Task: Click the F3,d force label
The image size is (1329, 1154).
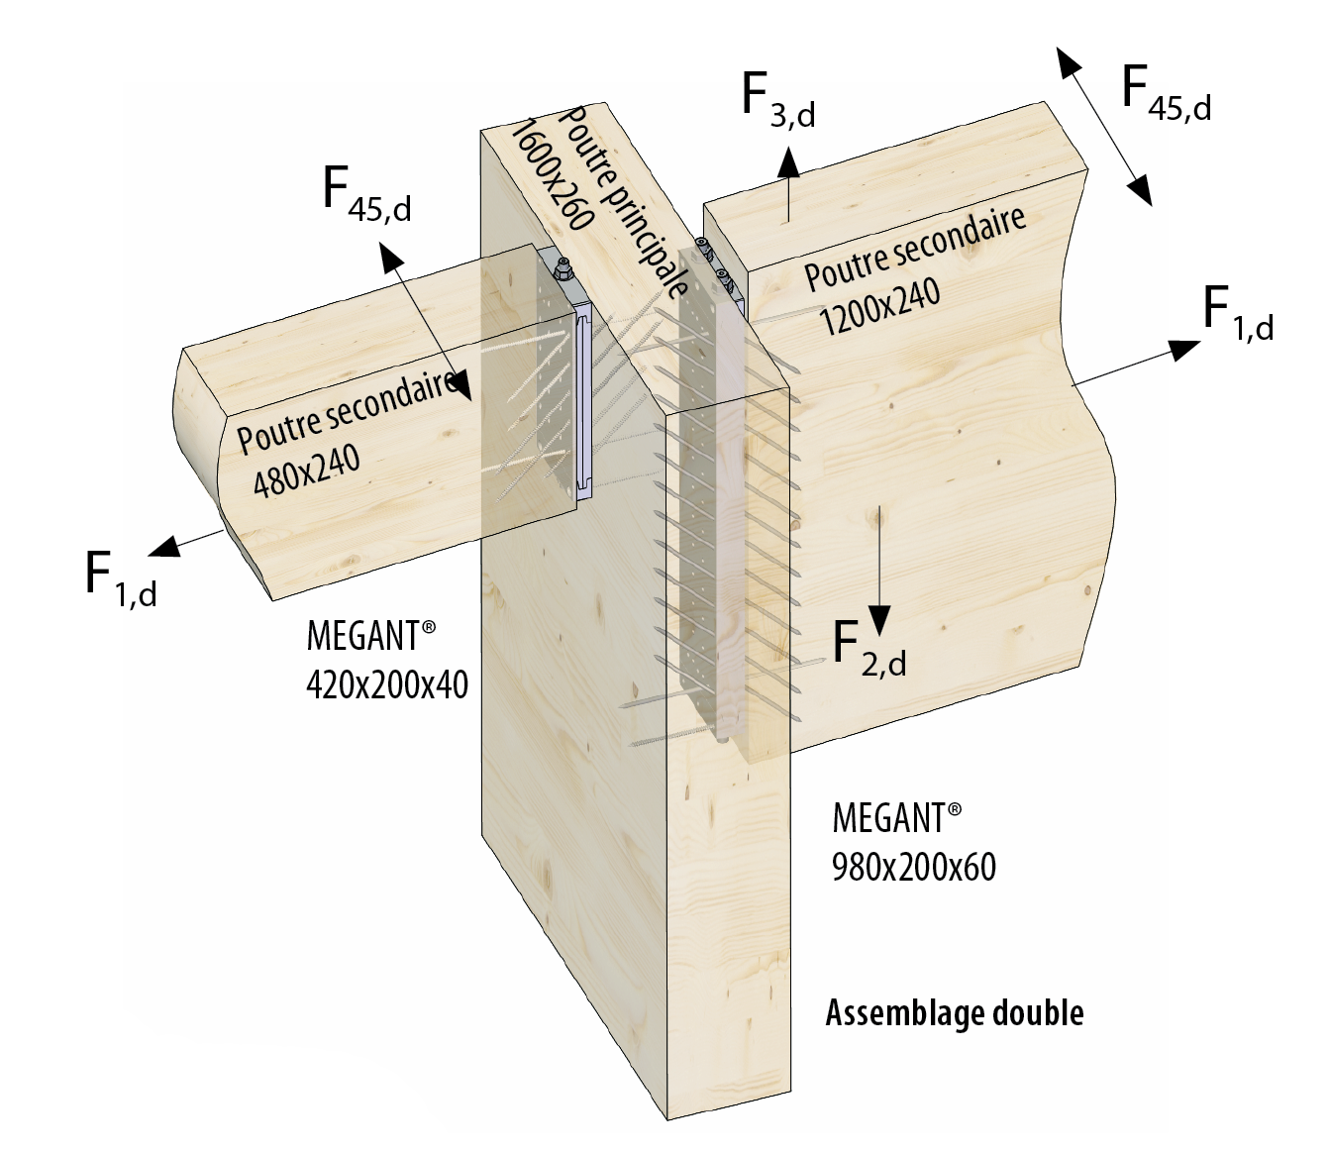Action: click(x=777, y=99)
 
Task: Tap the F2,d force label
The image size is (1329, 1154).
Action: click(x=869, y=648)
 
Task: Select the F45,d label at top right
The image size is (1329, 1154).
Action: click(x=1166, y=91)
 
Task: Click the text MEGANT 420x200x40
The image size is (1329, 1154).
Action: click(x=387, y=660)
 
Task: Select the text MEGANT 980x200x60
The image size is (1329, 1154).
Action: click(x=913, y=842)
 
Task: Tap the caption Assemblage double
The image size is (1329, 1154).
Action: click(x=955, y=1013)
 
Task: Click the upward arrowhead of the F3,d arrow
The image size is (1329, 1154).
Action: click(x=789, y=158)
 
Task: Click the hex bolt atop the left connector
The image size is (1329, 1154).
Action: click(x=562, y=267)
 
